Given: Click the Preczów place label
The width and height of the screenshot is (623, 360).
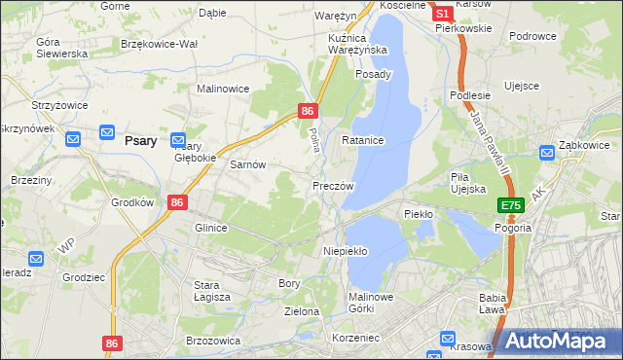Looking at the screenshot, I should tap(333, 186).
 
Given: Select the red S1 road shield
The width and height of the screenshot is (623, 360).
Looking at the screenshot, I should tap(442, 14).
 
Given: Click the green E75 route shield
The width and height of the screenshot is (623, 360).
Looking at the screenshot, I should tap(512, 205).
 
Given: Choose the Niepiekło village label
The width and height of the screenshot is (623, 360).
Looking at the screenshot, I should tap(345, 251).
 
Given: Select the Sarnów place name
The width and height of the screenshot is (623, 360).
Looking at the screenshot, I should tap(247, 165).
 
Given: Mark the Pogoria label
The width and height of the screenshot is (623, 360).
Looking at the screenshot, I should tap(513, 228).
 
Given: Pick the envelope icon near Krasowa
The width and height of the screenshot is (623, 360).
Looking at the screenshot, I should tap(448, 340).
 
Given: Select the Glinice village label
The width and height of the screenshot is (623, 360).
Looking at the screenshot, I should tap(210, 228).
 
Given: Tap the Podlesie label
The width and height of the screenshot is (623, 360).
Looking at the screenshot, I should tap(469, 95).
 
